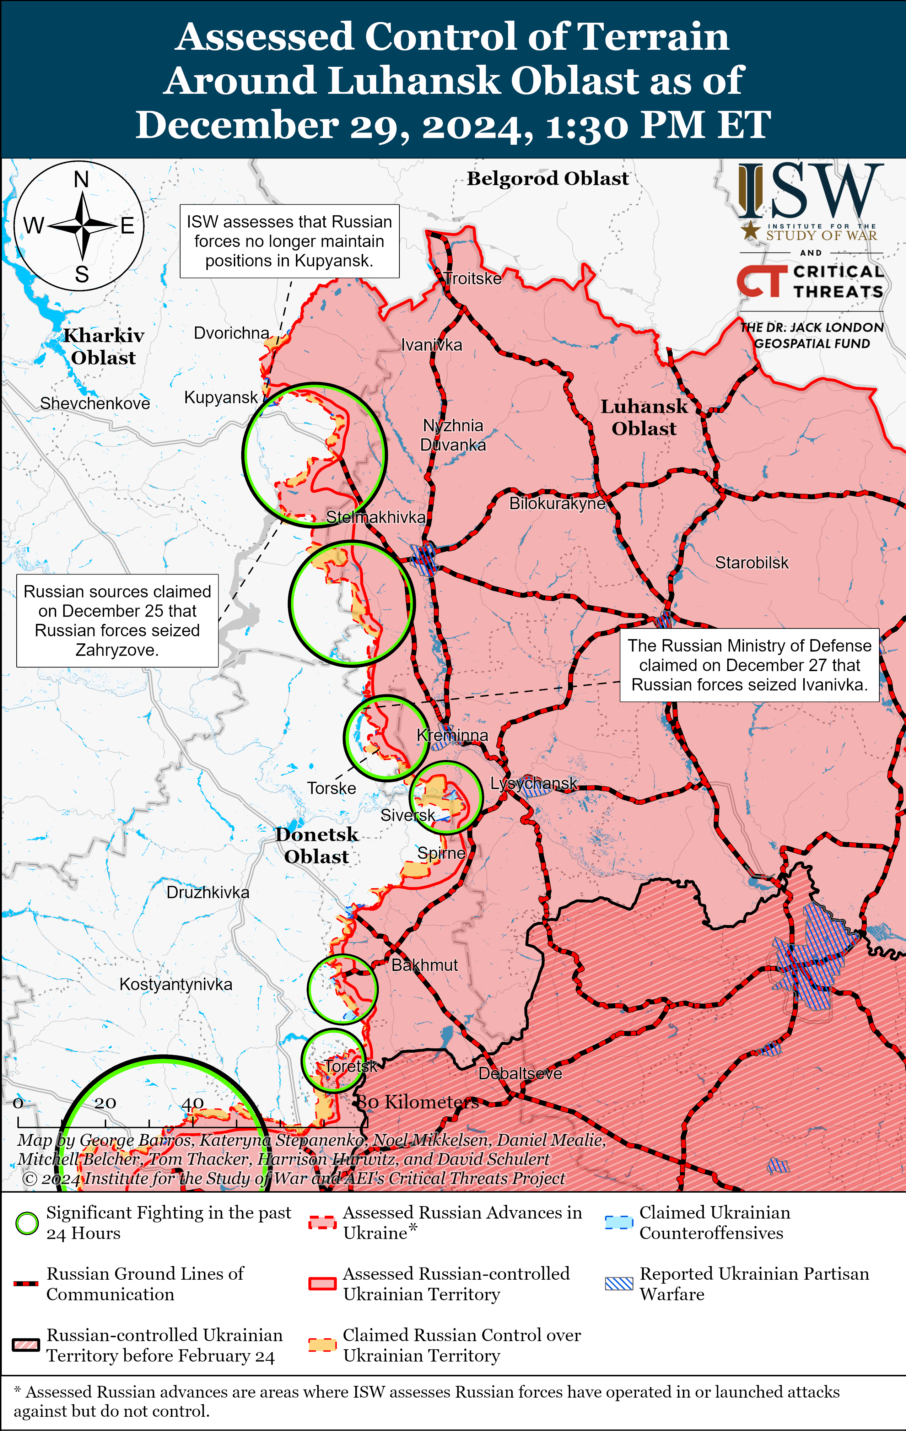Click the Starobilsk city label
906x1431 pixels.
[x=751, y=563]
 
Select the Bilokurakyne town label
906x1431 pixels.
[x=557, y=503]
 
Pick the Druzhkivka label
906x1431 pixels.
[x=207, y=892]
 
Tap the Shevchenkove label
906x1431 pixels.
[x=95, y=404]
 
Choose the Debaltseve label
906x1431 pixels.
[x=520, y=1073]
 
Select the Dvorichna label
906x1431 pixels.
[x=231, y=333]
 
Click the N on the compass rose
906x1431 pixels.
[x=81, y=179]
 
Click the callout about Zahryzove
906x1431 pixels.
[x=117, y=620]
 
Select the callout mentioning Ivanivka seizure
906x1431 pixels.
[x=749, y=665]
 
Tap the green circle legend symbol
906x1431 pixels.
[x=27, y=1223]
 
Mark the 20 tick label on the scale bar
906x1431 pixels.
[x=105, y=1103]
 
